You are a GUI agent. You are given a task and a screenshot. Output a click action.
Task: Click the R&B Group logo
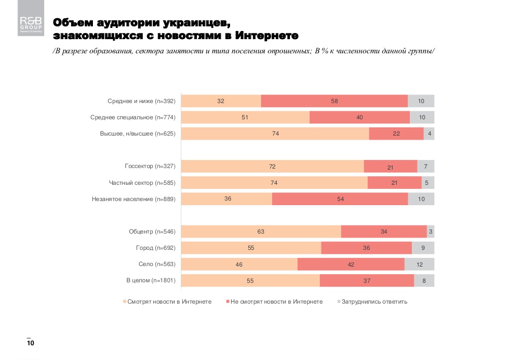[31, 23]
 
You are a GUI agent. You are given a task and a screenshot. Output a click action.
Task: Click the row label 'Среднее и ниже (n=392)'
[141, 101]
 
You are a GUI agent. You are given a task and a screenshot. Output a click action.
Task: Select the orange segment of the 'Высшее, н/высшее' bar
[275, 134]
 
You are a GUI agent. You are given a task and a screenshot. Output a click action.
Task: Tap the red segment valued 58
[334, 101]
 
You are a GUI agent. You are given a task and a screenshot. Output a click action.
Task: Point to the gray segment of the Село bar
[419, 264]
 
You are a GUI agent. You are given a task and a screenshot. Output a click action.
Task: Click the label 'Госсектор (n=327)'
[150, 167]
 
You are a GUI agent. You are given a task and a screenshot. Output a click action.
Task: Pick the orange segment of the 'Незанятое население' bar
[227, 199]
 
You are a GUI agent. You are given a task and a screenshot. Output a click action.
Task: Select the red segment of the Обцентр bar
[384, 232]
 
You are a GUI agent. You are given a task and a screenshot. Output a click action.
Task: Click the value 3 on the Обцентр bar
[431, 232]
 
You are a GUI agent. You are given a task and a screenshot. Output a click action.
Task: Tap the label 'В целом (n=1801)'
[151, 280]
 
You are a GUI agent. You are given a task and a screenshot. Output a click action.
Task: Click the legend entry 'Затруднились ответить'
[374, 302]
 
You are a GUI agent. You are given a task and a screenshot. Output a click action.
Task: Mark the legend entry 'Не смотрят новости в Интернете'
[276, 302]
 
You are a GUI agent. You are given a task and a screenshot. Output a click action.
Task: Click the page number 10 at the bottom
[30, 344]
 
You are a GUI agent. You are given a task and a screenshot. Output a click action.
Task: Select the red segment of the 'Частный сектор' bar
[394, 183]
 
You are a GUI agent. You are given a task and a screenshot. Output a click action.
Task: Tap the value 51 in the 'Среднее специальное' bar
[245, 117]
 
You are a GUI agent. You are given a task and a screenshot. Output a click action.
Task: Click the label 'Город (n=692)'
[155, 248]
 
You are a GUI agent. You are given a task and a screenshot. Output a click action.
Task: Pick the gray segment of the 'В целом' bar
[424, 280]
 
